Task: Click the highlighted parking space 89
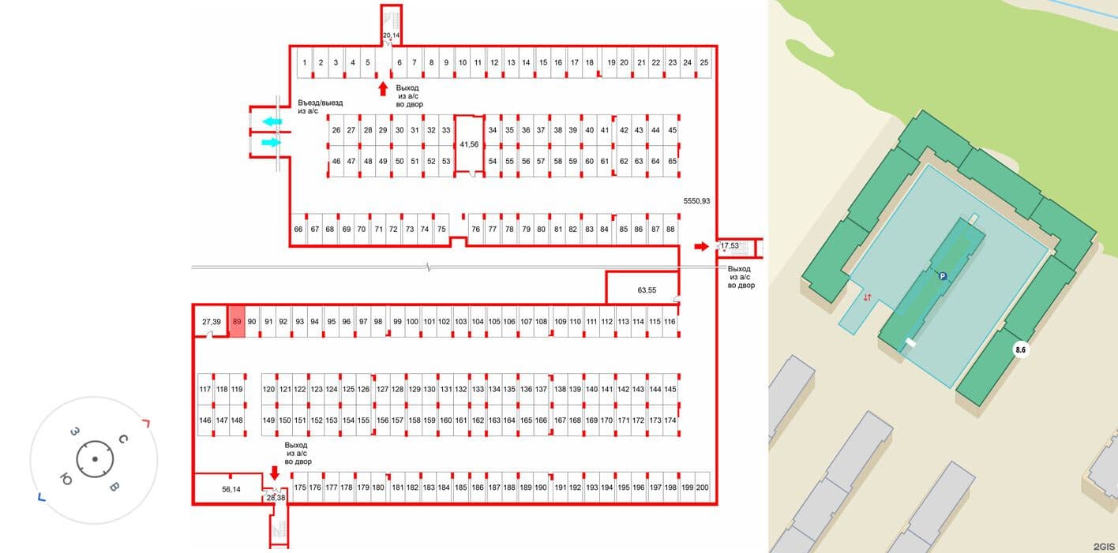(237, 322)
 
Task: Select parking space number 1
(305, 63)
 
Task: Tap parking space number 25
(703, 63)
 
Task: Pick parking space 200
(702, 488)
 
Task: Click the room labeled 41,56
(469, 144)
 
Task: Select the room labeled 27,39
(211, 322)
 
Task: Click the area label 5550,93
(696, 201)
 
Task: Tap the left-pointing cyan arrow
(272, 121)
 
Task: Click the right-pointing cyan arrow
(271, 143)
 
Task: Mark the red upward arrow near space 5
(383, 89)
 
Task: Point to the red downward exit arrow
(274, 473)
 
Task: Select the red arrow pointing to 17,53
(701, 246)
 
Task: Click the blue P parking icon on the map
(942, 276)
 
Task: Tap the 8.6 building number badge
(1021, 349)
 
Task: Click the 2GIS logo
(1104, 547)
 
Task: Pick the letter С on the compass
(123, 439)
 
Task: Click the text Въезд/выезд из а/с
(320, 106)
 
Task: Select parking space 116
(670, 322)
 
